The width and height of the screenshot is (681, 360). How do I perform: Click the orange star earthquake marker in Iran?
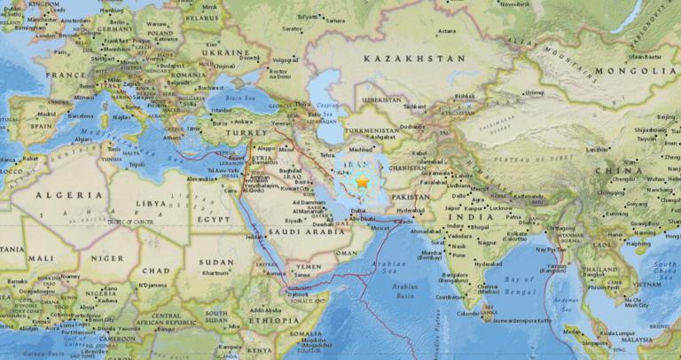(x=362, y=181)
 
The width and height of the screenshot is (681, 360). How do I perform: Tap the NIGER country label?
(x=103, y=258)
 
